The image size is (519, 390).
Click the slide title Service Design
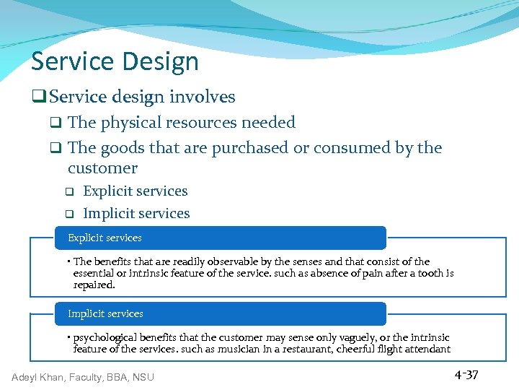(x=115, y=62)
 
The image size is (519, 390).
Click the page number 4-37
(x=466, y=375)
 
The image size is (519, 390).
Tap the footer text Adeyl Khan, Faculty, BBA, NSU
(x=83, y=376)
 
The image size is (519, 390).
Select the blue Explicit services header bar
(x=221, y=238)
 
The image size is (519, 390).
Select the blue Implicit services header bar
(x=221, y=313)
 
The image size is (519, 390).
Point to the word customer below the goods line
(x=102, y=168)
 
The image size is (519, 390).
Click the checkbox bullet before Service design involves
(x=40, y=97)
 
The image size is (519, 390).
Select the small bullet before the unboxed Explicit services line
(x=70, y=192)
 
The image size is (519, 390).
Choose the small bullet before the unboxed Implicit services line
(x=70, y=214)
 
